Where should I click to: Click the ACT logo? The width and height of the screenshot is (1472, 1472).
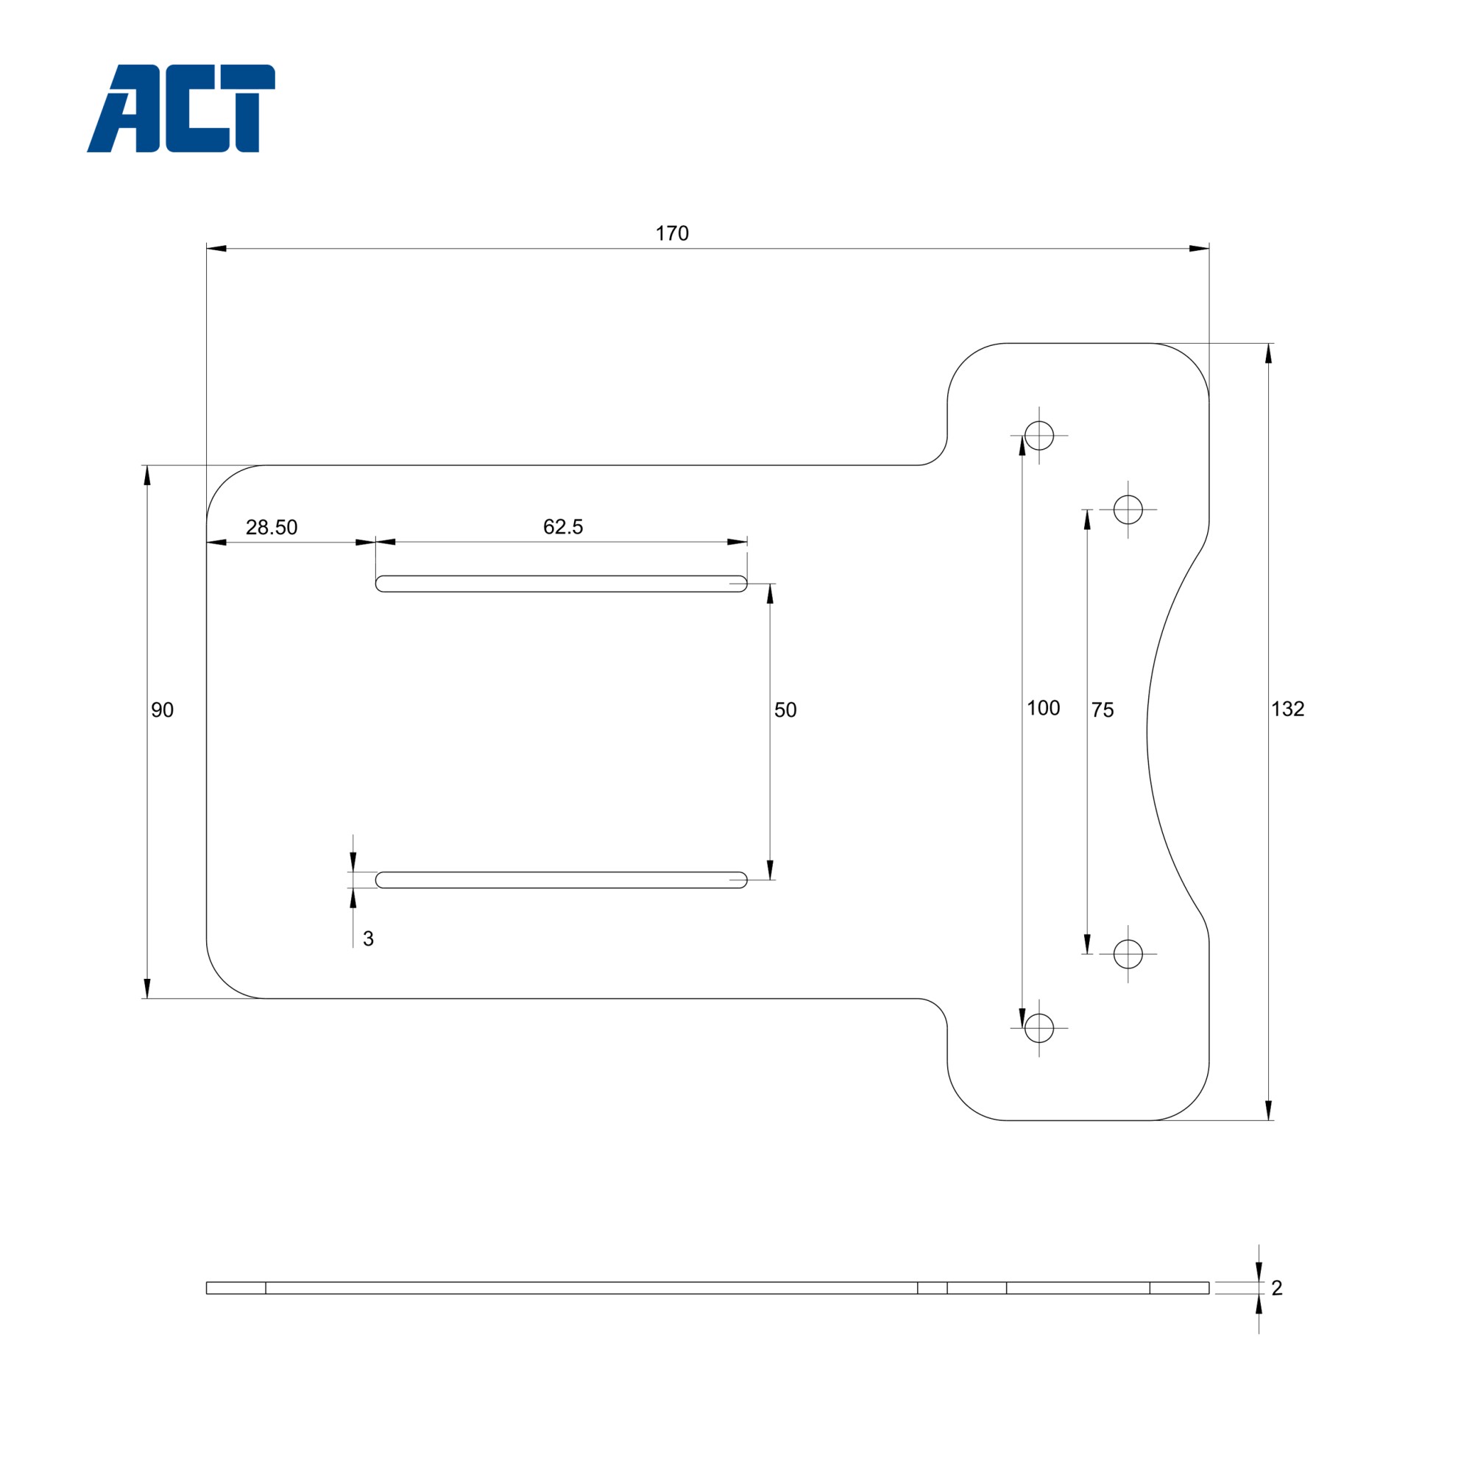[181, 108]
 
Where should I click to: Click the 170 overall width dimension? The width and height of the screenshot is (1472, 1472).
[672, 234]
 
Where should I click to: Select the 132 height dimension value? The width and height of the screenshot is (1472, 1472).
[1287, 710]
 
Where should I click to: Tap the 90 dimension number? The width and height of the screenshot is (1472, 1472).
[162, 710]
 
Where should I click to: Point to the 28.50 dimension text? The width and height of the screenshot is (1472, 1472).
[272, 527]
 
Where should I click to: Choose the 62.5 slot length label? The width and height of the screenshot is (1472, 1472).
[563, 526]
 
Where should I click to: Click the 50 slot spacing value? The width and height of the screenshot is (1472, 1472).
[785, 710]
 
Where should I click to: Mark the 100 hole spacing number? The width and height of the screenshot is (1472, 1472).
[1043, 709]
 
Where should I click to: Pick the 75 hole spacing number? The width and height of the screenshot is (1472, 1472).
[1102, 710]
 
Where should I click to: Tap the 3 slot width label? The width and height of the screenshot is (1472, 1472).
[368, 938]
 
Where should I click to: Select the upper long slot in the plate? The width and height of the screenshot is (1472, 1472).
[561, 584]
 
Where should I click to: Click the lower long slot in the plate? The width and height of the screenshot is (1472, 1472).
[561, 880]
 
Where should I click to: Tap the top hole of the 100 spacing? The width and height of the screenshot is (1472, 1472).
[1039, 436]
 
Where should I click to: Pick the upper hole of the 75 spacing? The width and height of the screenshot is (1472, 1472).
[1128, 510]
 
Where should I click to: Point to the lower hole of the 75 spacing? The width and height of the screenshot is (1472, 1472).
[1128, 954]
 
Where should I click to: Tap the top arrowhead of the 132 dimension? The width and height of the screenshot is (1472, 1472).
[1269, 353]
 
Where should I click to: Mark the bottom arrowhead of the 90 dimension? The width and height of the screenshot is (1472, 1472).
[147, 988]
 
